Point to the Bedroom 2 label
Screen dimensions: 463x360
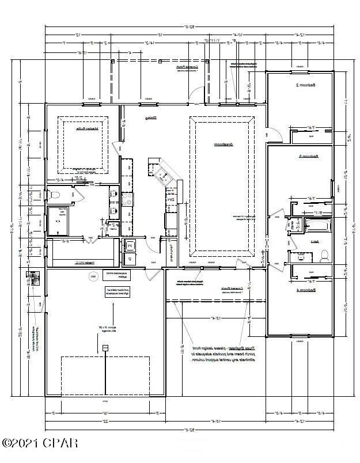305,85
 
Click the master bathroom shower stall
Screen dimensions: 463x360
57,222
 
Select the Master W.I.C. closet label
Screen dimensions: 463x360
84,263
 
